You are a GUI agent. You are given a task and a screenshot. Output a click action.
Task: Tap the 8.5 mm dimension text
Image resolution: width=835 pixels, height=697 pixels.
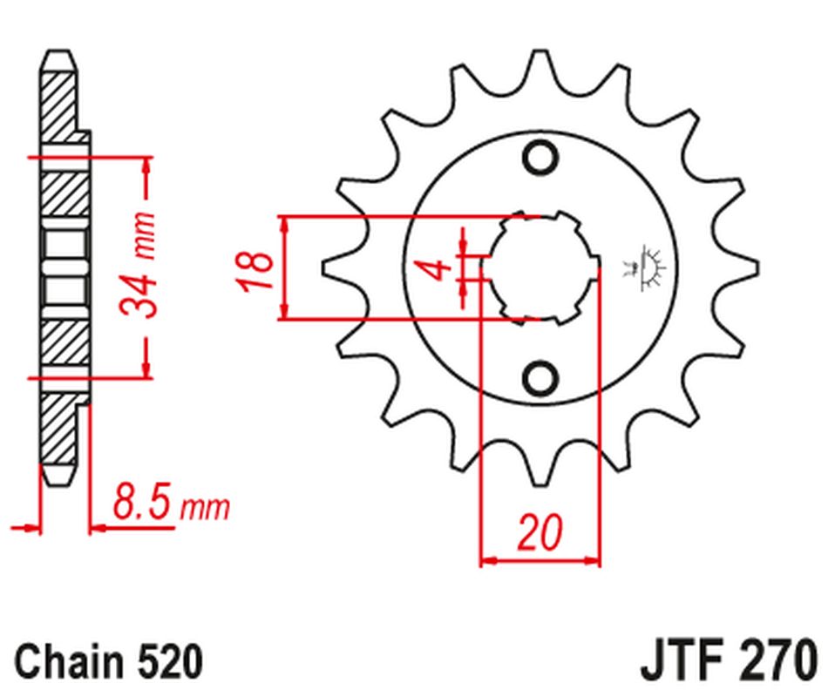(170, 504)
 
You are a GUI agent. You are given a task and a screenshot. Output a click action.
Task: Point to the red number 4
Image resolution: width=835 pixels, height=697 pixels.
(441, 267)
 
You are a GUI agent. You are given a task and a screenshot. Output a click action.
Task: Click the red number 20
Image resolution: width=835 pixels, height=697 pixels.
(540, 532)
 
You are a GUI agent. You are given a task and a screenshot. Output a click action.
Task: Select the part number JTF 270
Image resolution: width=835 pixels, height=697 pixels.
(730, 661)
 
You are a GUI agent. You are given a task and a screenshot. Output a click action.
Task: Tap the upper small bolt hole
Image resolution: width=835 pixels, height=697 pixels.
(540, 158)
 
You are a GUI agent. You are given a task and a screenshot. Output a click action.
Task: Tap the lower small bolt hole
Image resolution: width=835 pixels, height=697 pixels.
(540, 377)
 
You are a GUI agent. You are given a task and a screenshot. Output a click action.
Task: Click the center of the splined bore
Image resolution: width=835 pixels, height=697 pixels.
(540, 267)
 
